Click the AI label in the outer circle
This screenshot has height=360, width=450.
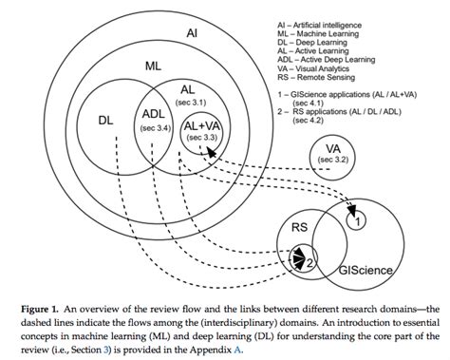[192, 33]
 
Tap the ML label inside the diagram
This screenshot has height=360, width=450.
[154, 66]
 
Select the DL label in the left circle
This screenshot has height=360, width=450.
[106, 121]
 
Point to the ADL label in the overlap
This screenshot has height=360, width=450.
[154, 114]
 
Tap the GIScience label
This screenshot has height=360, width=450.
[366, 270]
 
